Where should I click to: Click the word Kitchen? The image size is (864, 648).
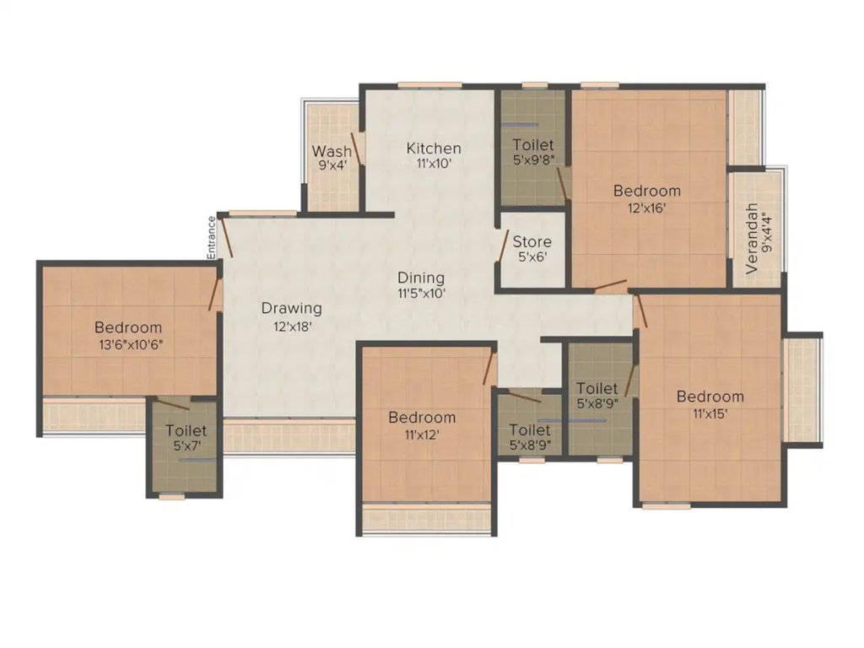pos(434,149)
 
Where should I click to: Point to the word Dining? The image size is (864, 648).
pos(422,278)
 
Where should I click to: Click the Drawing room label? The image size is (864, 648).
pos(291,308)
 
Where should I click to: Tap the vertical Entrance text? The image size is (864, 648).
pos(213,237)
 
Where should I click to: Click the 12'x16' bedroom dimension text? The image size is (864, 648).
pos(646,207)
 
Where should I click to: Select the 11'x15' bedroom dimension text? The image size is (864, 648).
pos(710,413)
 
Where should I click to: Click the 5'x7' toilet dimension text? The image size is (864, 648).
pos(186,446)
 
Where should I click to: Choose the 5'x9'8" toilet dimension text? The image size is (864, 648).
pos(532,160)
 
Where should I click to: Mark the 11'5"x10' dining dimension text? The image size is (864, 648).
pos(422,294)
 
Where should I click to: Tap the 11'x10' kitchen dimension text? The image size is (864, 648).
pos(434,165)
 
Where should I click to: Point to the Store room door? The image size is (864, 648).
pos(504,249)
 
